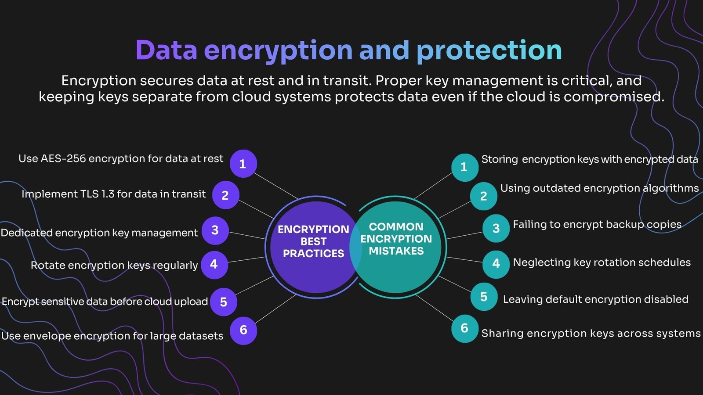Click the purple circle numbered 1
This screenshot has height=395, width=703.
243,164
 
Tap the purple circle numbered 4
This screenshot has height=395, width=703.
214,265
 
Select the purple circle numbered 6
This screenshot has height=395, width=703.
243,331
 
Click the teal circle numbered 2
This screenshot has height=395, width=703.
484,196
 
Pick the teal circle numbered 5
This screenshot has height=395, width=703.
484,297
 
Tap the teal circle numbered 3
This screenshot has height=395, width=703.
496,228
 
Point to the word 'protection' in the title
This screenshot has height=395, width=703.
489,52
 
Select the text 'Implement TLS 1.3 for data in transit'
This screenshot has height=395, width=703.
114,194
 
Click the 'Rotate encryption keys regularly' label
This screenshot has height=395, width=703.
114,266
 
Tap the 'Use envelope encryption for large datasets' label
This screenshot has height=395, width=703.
112,336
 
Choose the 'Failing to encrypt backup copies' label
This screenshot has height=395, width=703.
597,224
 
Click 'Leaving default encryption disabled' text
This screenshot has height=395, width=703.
596,299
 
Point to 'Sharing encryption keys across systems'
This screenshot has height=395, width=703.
591,333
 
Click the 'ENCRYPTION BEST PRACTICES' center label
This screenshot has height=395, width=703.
313,241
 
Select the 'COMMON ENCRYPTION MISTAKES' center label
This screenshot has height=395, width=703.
396,239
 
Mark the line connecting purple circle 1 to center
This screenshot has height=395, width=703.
275,186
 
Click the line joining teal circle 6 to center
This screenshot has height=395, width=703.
435,308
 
